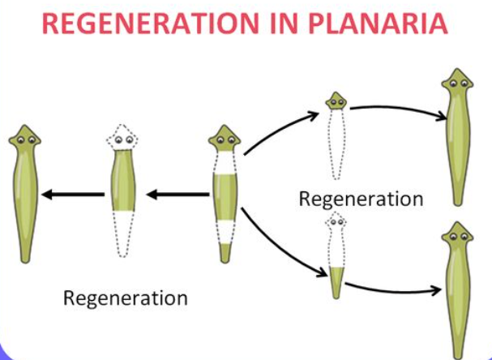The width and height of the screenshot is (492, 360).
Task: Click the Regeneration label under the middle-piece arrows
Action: (126, 298)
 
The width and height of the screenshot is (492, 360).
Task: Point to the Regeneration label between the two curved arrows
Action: (361, 199)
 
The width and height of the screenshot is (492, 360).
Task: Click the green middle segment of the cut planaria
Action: (224, 194)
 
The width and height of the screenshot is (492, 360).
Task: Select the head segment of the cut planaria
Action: (224, 144)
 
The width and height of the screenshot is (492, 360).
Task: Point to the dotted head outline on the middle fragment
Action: (122, 141)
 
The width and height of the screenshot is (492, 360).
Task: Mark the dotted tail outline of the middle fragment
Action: (122, 235)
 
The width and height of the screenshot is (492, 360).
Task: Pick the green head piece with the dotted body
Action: (336, 101)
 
